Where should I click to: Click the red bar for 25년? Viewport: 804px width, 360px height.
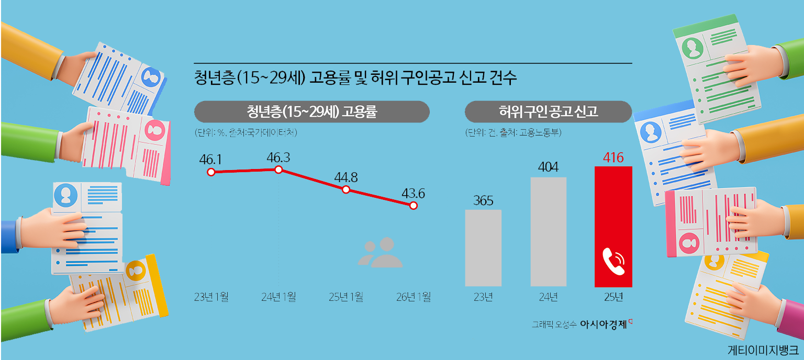click(613, 227)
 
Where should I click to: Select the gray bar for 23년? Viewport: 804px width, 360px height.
click(483, 248)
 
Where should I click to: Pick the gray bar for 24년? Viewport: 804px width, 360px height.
click(548, 232)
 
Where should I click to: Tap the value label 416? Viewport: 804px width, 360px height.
click(613, 157)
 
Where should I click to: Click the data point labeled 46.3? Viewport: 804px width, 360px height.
click(278, 170)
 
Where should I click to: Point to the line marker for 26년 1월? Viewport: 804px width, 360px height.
click(414, 206)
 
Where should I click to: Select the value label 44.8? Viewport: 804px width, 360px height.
click(346, 177)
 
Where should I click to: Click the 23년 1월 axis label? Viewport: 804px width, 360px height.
click(211, 297)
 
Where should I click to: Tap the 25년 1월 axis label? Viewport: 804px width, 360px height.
click(346, 297)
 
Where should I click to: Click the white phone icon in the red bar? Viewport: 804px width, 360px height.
click(613, 261)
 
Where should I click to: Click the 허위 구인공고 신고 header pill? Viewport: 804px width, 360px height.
click(548, 111)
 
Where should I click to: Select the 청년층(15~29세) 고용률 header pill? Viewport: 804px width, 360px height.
click(312, 111)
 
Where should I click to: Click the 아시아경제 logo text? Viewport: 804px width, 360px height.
click(603, 323)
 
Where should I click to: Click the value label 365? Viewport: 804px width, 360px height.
click(483, 200)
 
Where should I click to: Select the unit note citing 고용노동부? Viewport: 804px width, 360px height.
click(513, 133)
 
